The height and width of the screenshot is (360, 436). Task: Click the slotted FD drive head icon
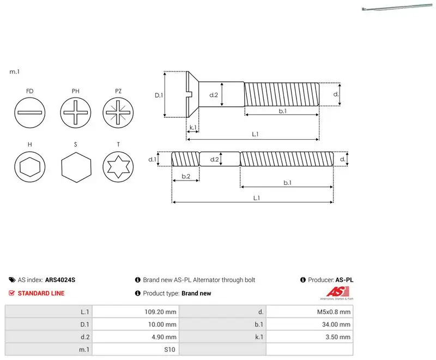(x=30, y=113)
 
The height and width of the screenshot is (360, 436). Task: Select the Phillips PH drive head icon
(x=75, y=113)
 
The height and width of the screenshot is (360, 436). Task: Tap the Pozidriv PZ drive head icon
(x=118, y=113)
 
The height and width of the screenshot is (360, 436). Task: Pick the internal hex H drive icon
(x=30, y=167)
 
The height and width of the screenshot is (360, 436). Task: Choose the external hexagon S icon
(x=76, y=167)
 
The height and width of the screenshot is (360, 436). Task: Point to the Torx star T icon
(x=118, y=167)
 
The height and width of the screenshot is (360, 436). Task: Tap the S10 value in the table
(x=169, y=350)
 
